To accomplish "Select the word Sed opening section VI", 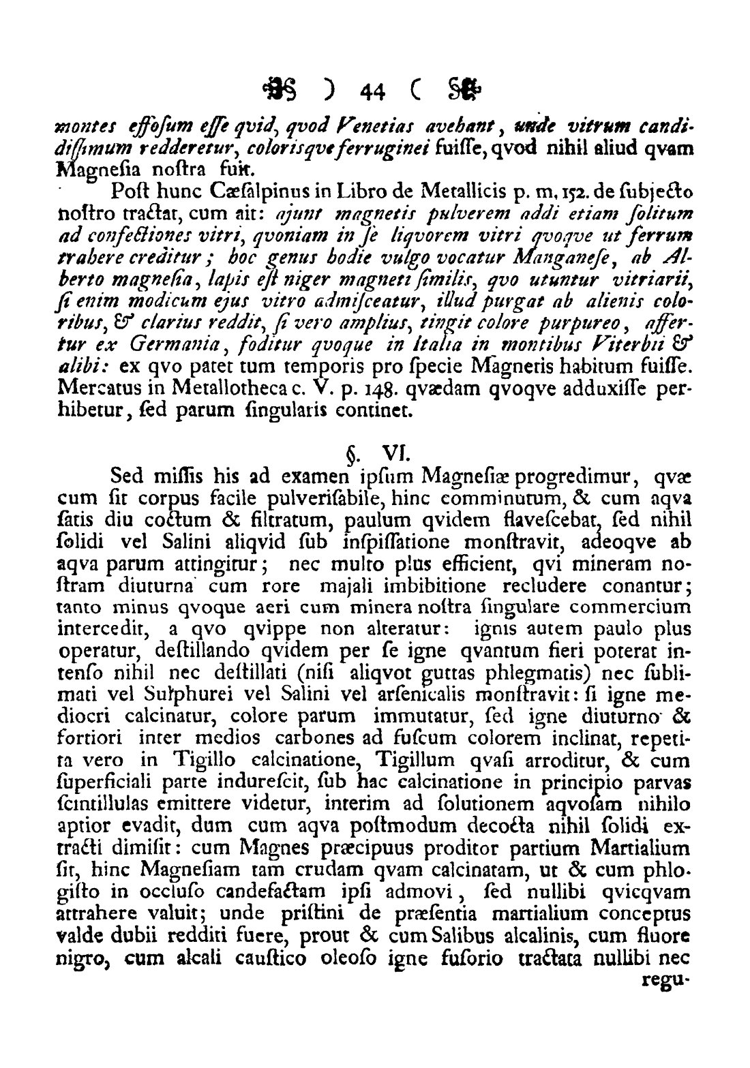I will click(126, 473).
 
